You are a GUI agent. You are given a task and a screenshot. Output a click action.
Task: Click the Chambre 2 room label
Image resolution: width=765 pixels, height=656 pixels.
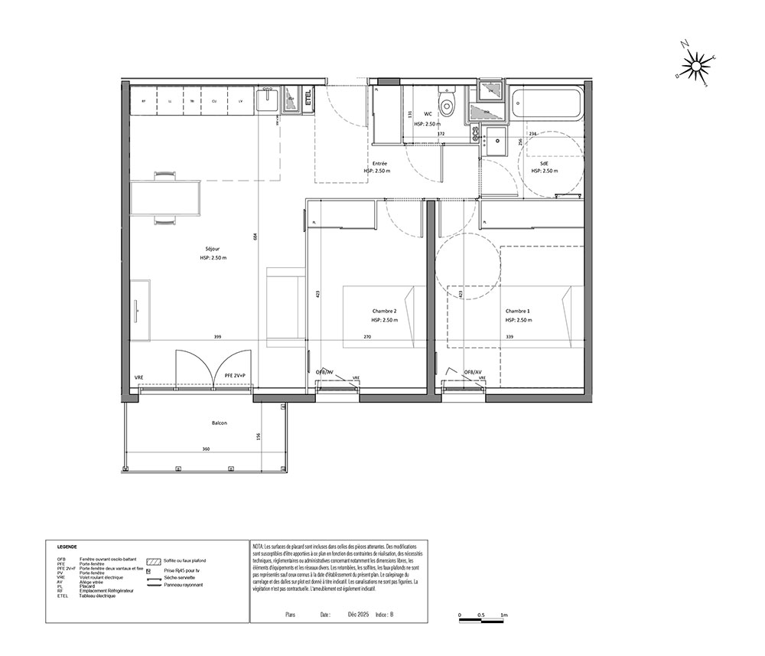coord(384,311)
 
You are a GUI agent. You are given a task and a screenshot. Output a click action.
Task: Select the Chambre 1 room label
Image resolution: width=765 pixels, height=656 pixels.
coord(517,311)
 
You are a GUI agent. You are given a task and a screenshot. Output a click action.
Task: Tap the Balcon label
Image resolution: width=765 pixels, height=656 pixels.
coord(220,423)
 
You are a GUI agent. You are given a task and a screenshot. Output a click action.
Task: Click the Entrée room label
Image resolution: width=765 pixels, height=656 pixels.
coord(379,164)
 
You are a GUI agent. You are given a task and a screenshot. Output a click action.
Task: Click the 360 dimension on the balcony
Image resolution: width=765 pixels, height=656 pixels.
coord(205,449)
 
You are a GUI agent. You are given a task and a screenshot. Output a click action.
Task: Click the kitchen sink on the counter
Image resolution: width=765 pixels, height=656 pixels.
coord(268,100)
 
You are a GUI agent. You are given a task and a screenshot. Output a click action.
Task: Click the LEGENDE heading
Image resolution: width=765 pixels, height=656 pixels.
coord(67,547)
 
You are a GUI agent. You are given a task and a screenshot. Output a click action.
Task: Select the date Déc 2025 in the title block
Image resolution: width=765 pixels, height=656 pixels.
coord(358,614)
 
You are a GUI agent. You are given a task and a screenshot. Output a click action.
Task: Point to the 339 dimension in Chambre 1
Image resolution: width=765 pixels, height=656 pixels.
coord(510,338)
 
